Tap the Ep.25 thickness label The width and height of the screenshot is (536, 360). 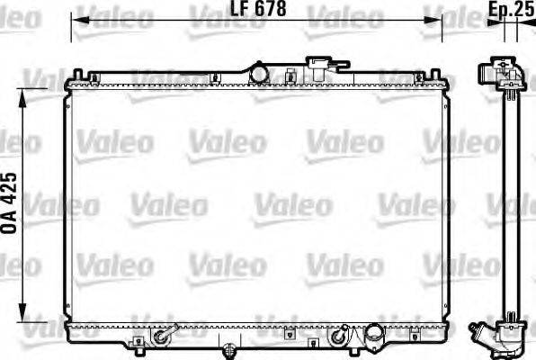click(514, 9)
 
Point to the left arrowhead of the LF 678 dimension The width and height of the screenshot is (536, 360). click(76, 19)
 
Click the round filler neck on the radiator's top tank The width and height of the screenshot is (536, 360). click(260, 70)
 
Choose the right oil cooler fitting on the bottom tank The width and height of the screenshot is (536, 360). click(338, 337)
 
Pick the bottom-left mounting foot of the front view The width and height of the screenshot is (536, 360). click(136, 342)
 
